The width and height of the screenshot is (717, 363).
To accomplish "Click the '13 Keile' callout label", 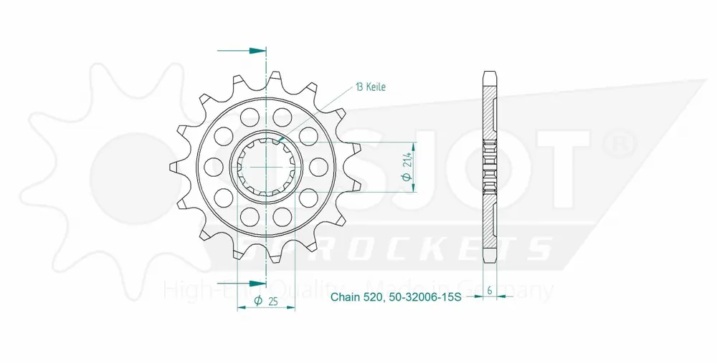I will [x=370, y=87].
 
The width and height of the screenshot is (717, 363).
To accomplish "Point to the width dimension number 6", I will [x=489, y=291].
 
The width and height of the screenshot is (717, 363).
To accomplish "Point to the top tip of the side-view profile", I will [x=489, y=74].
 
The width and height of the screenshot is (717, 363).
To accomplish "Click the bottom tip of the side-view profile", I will [x=489, y=260].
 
